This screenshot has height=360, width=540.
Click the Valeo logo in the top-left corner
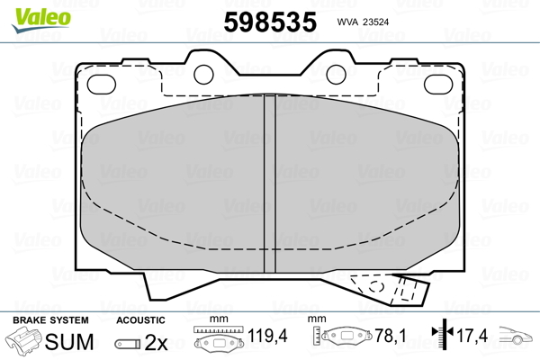[41, 20]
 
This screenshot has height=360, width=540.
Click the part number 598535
[270, 22]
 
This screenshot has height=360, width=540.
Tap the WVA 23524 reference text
[363, 22]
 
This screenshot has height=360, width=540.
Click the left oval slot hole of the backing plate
[102, 85]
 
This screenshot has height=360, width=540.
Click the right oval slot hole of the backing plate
[438, 85]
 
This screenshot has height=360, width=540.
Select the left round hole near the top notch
[204, 75]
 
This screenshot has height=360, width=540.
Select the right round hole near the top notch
[336, 75]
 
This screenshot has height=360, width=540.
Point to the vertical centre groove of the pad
[270, 184]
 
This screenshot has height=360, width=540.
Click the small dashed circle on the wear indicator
[376, 286]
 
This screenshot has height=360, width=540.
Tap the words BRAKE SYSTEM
[50, 320]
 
